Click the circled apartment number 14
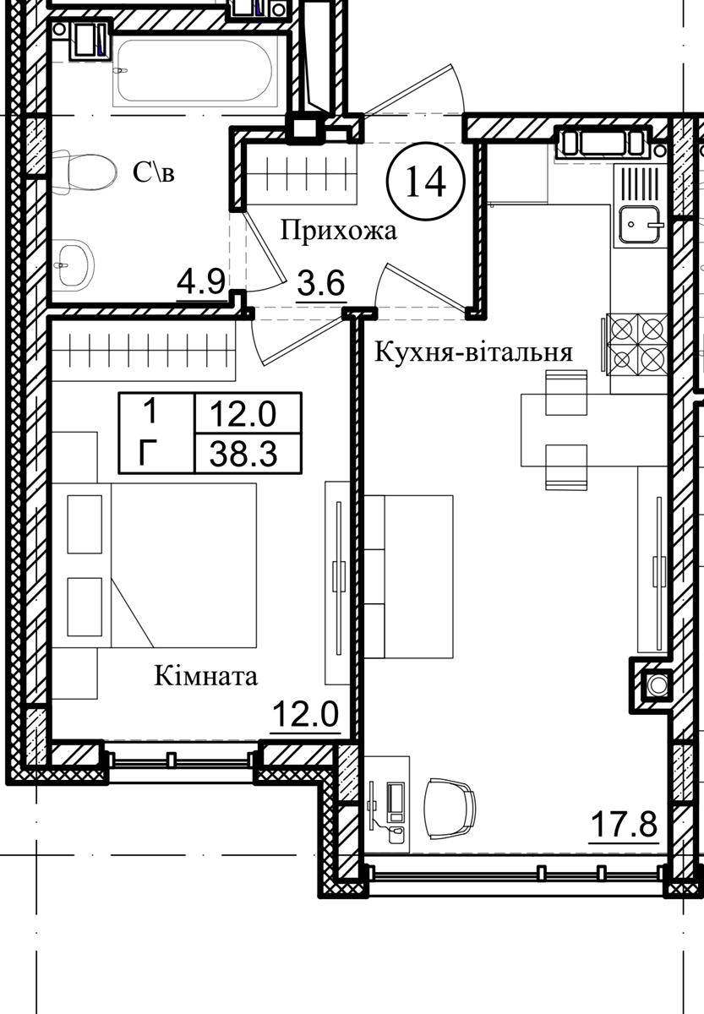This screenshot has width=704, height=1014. point(426,181)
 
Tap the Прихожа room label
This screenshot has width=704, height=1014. point(339,231)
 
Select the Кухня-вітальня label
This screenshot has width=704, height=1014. point(473,352)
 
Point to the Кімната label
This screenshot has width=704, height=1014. point(206,676)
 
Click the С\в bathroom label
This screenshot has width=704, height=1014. point(154,172)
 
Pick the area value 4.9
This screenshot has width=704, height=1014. point(201,283)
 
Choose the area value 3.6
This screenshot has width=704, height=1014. point(321,283)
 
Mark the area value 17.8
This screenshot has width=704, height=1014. point(624,825)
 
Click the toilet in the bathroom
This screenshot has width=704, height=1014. point(84,172)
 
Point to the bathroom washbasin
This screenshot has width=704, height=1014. point(74,265)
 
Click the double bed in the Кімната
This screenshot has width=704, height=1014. point(155,565)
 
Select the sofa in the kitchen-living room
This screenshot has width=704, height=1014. point(409,576)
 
